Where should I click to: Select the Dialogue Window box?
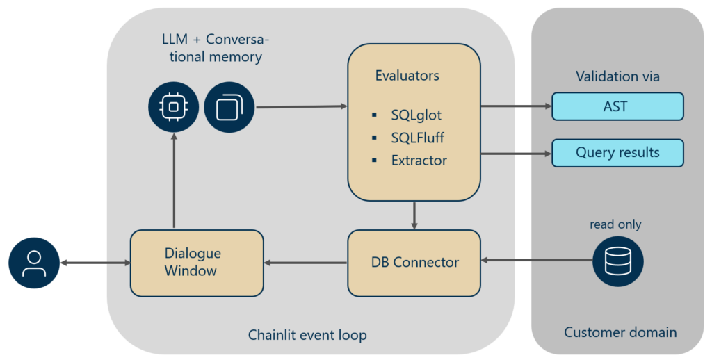point(197,262)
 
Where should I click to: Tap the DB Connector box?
point(414,262)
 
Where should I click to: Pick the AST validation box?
point(617,107)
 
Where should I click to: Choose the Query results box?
point(617,153)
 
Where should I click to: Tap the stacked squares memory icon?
point(229,107)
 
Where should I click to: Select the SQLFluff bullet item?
point(417,138)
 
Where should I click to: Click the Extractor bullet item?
point(419,161)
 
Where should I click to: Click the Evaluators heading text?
point(407,76)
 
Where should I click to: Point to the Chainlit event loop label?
point(307,335)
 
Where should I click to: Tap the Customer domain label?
point(620,332)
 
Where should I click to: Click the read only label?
point(615,224)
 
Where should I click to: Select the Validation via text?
point(617,76)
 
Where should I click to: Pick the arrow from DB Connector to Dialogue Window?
point(306,263)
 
